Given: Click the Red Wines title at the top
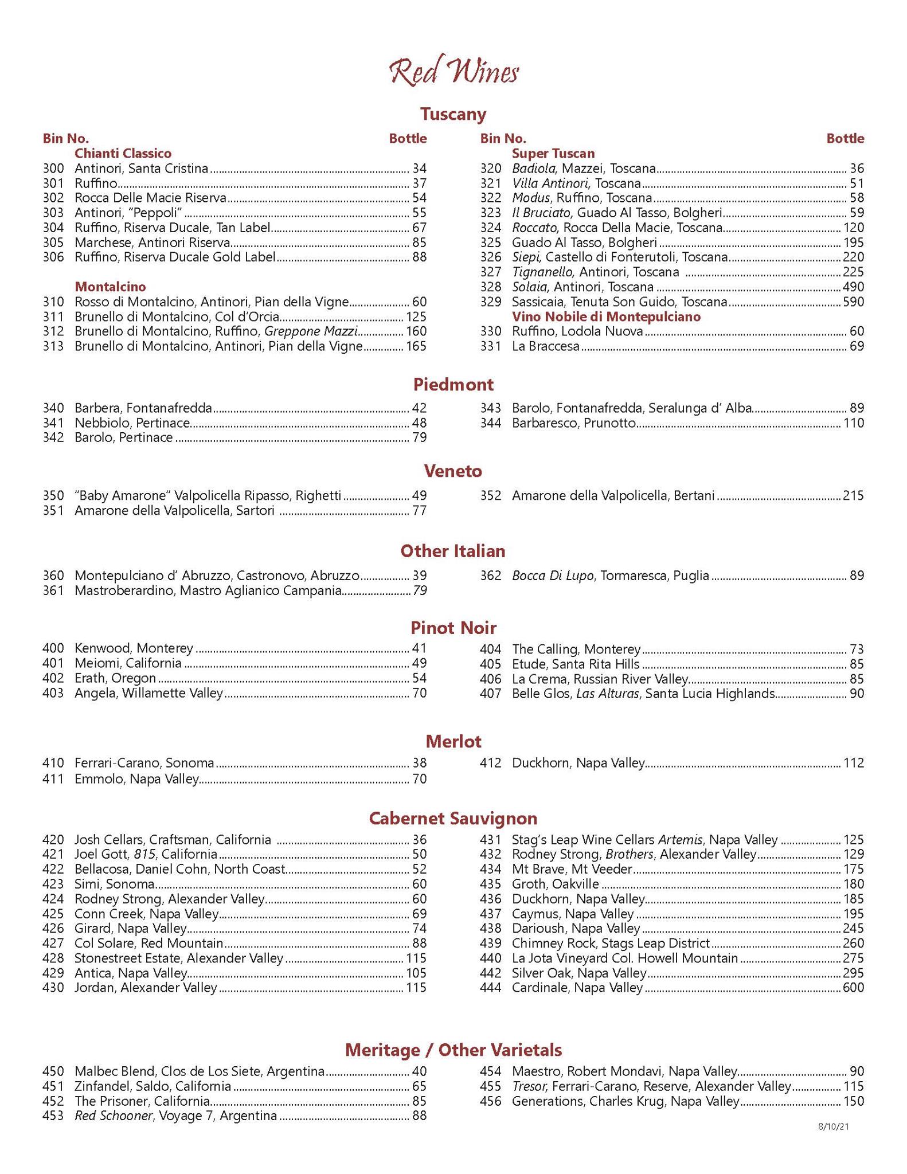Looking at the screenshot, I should coord(453,73).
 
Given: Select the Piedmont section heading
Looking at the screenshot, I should coord(453,384).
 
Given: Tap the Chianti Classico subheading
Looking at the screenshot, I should coord(123,154).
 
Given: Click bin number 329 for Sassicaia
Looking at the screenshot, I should coord(491,302).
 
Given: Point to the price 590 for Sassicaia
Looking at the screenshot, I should coord(853,302).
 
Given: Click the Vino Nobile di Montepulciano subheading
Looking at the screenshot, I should coord(606,316).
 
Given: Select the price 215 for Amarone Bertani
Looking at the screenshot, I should coord(853,495).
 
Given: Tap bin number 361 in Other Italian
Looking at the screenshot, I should coord(53,590).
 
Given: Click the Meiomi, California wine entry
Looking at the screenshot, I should coord(128,663).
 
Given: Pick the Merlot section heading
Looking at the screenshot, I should coord(453,741).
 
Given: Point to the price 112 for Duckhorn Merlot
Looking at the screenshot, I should coord(853,763).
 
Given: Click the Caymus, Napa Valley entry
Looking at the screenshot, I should coord(573,914).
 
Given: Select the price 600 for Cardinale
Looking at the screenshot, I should coord(853,988).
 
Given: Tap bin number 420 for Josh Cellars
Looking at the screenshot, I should coord(53,840).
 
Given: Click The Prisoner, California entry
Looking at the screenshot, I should coord(142,1101).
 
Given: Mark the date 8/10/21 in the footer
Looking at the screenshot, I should coord(833,1126).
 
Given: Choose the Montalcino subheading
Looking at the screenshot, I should coord(110,287).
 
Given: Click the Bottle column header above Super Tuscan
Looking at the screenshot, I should coord(845,138).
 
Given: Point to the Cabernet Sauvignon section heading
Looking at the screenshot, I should coord(453,818).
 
